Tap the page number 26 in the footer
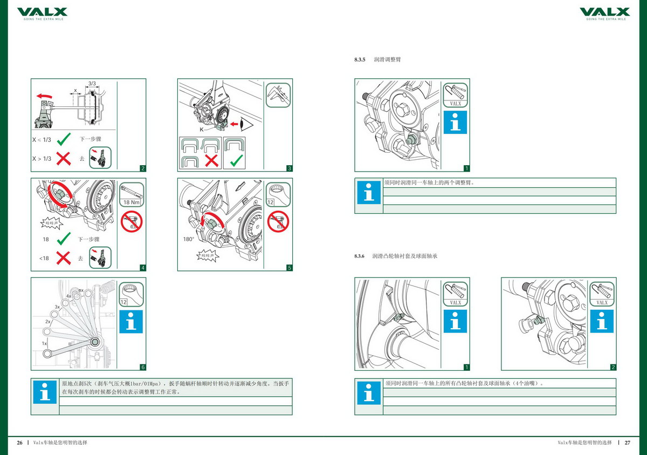19,443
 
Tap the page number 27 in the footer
628,443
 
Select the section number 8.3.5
360,59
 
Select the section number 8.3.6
360,256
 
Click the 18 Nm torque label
132,202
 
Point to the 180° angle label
188,238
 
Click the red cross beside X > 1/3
64,159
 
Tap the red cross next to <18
64,259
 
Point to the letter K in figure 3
202,130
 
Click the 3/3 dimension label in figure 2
92,84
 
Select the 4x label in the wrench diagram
69,296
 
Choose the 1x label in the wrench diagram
45,343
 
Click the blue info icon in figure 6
132,322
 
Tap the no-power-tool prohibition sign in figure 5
278,222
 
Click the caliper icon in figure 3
278,95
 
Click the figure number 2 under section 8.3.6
613,368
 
